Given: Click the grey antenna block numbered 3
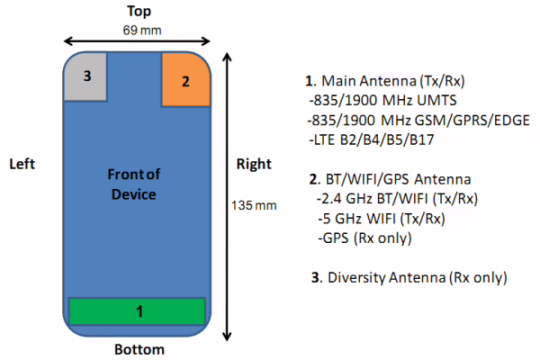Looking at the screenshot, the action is [x=85, y=76].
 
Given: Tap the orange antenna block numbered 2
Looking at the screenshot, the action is [x=186, y=79].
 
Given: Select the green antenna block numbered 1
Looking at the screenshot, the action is [x=138, y=311].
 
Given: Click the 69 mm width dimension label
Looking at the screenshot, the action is [x=142, y=31].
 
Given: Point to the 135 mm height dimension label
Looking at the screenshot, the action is [x=254, y=206].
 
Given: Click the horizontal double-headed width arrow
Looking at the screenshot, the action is [x=137, y=41].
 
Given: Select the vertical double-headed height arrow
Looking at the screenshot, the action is [x=227, y=197].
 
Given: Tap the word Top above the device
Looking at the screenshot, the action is [x=139, y=12].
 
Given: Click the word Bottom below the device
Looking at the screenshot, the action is [x=139, y=350].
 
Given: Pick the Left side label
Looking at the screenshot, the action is [x=22, y=164].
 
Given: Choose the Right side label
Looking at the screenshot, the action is [x=254, y=165].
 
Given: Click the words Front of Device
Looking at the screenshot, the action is [x=133, y=184].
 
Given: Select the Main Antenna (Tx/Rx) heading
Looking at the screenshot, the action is [x=385, y=81].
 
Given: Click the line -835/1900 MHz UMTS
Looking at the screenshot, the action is [x=382, y=101].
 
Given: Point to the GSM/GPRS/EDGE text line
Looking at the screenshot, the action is [x=418, y=121].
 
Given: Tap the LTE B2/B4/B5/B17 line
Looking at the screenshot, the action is [x=372, y=139].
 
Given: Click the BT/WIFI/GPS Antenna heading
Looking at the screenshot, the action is [x=391, y=179].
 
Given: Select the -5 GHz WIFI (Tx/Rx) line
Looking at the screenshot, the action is [x=382, y=219].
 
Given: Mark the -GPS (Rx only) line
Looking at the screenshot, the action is [x=364, y=238].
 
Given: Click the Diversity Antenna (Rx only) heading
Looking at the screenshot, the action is [x=409, y=278].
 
